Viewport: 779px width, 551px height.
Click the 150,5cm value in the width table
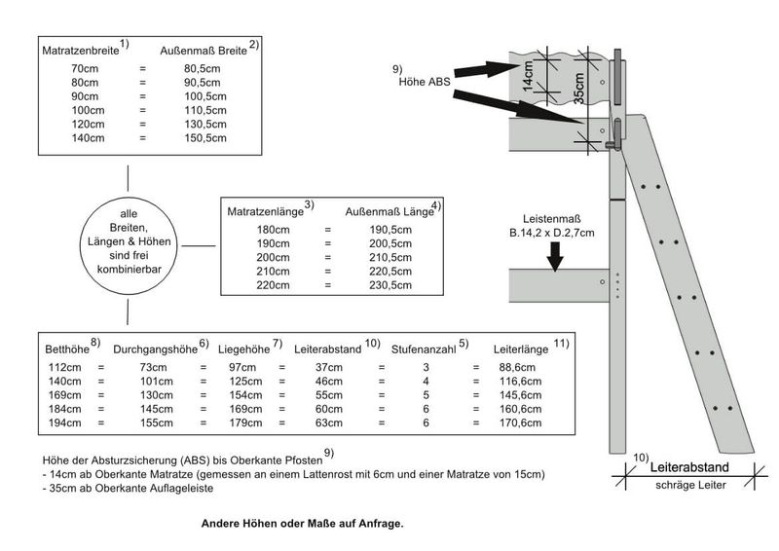click(x=204, y=139)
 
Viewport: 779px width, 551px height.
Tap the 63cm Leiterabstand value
click(x=327, y=423)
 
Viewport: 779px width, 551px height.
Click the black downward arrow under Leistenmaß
click(x=553, y=256)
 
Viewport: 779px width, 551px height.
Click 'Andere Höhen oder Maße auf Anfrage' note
click(x=302, y=523)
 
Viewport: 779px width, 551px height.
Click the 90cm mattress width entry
click(x=85, y=97)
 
